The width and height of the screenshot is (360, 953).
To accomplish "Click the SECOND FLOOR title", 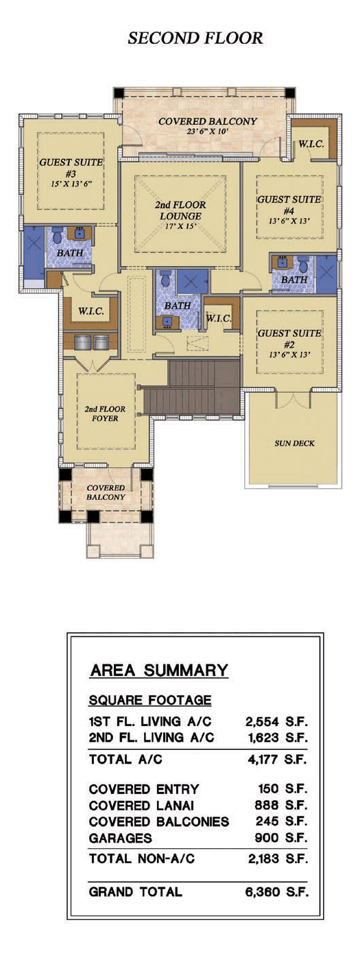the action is pos(195,38).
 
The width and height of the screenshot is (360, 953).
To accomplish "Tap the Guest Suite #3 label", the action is pos(71,172).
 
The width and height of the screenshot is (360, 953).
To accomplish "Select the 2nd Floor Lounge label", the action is pos(180,215).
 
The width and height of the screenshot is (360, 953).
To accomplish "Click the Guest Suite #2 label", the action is pos(289,343).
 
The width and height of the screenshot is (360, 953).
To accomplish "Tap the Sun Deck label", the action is pos(294,443).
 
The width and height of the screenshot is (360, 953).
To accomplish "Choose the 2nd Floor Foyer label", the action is pos(105,413).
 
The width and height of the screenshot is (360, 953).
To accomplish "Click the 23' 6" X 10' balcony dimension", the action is pos(208,132).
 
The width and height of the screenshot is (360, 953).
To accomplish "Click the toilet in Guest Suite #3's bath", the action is pos(57,235).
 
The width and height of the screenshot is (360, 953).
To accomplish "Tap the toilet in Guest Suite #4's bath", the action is pos(303,264).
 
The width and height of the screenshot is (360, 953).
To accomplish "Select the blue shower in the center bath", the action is pos(193,281).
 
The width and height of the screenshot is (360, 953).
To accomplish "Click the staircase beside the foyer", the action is pos(191,387).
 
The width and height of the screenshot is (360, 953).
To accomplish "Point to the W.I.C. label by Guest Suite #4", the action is pos(311,144).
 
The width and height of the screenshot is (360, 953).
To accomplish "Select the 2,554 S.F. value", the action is pos(276,721).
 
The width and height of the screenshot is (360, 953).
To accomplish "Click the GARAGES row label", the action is pos(121,838).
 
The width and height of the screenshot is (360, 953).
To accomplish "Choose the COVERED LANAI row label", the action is pos(142,806).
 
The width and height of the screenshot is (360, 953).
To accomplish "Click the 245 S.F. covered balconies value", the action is pos(281,821).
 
